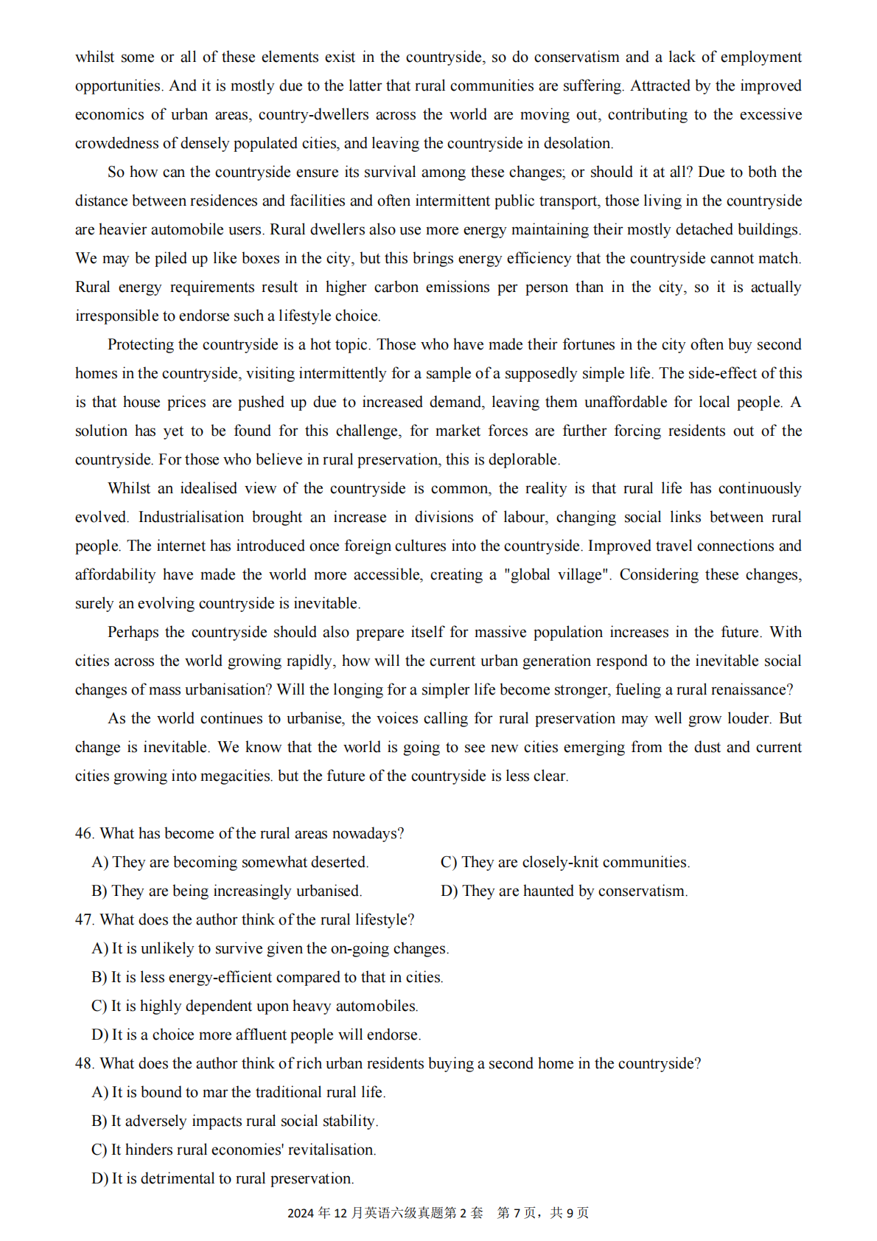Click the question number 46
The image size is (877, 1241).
coord(84,834)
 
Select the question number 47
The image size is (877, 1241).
coord(84,920)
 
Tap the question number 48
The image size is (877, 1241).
coord(84,1064)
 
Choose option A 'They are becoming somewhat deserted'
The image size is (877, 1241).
coord(230,863)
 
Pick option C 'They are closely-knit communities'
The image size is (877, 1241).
coord(565,863)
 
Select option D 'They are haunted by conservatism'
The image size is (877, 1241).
coord(564,891)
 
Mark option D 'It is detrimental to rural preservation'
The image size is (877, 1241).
coord(223,1179)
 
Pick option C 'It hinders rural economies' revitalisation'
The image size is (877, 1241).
coord(234,1150)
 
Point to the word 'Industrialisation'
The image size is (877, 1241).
coord(191,518)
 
